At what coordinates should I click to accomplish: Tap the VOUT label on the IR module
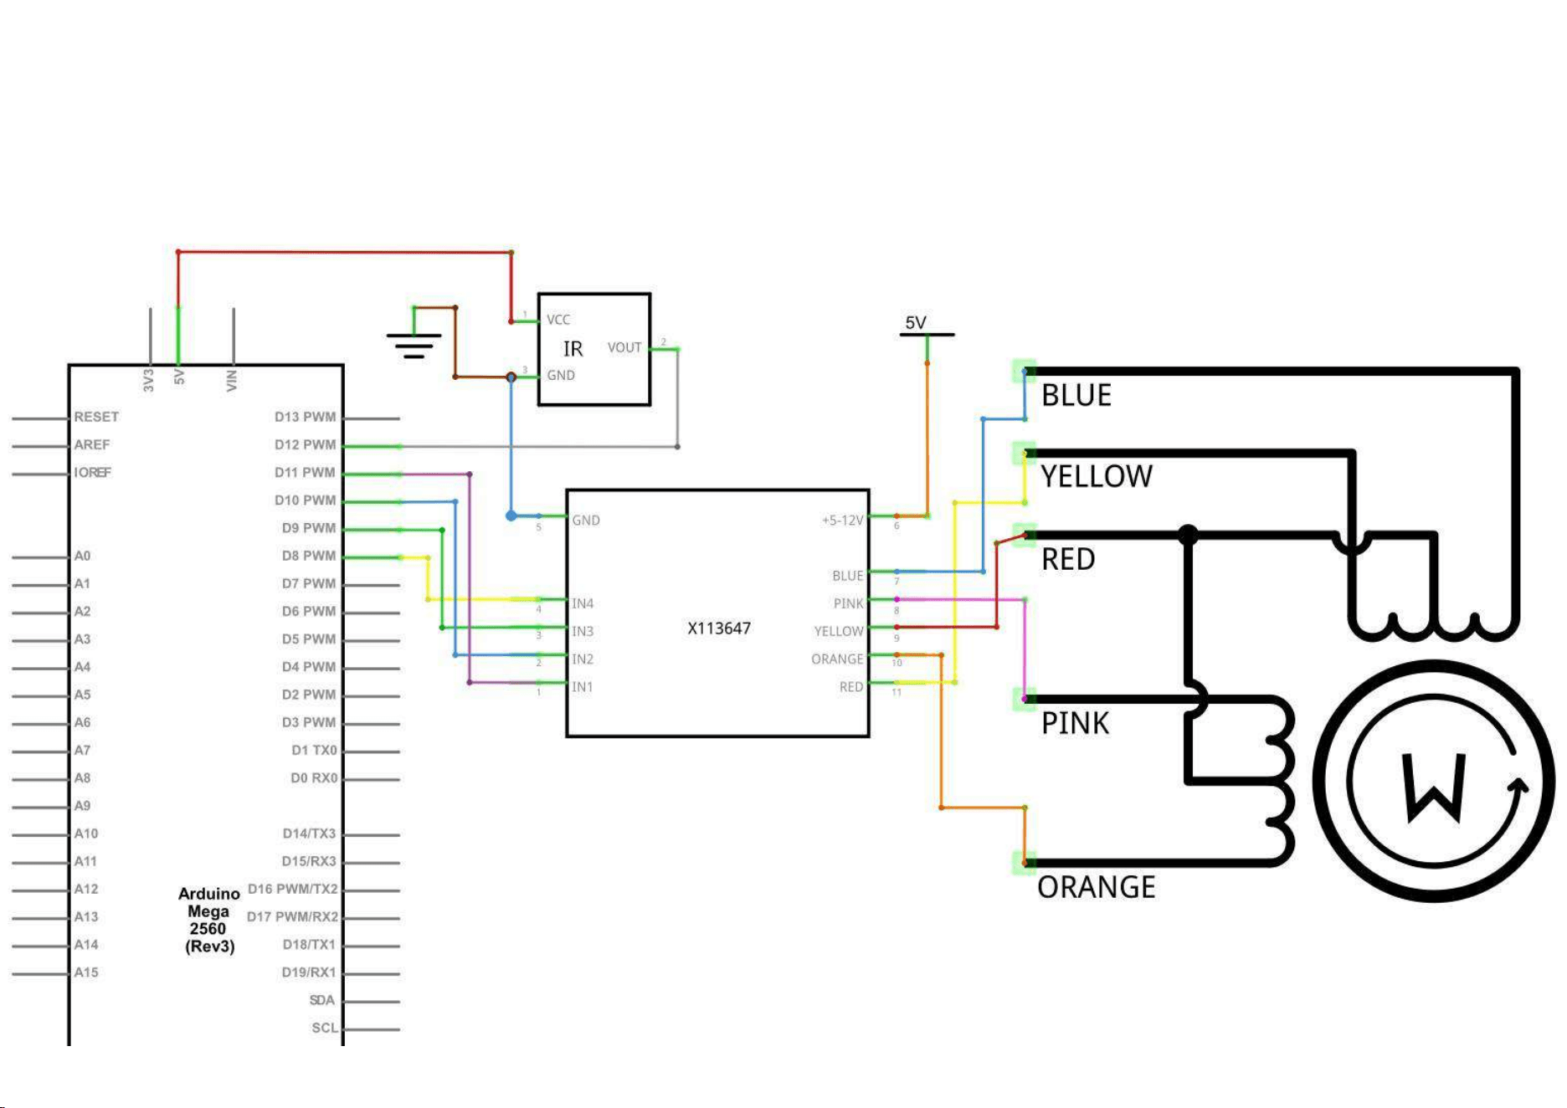click(x=624, y=347)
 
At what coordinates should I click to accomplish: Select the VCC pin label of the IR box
click(x=558, y=320)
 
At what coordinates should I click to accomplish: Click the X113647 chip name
click(x=719, y=628)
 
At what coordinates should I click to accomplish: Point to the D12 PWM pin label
click(x=305, y=444)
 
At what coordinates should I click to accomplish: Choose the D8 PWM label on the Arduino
click(x=308, y=556)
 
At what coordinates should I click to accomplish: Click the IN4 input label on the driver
click(x=583, y=603)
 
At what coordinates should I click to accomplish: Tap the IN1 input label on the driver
click(x=583, y=687)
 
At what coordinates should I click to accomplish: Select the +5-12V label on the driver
click(x=842, y=521)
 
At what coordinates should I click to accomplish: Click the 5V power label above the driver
click(x=916, y=323)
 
